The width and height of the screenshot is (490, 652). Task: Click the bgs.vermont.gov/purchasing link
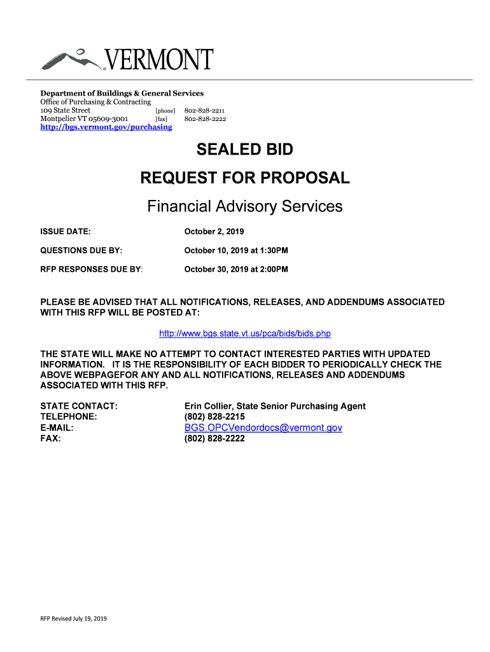(x=106, y=127)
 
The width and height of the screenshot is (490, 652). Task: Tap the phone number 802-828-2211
(x=205, y=110)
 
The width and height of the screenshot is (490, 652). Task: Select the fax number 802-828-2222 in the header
(x=205, y=118)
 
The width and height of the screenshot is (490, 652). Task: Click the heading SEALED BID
(x=245, y=150)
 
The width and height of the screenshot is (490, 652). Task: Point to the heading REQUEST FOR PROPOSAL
(x=245, y=178)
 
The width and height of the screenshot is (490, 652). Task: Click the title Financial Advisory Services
(x=245, y=206)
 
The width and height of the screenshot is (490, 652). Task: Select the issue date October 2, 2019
(x=214, y=231)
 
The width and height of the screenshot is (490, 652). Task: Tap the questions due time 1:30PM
(x=275, y=250)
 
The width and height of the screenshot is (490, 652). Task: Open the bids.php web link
(x=245, y=334)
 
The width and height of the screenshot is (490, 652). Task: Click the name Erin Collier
(x=209, y=406)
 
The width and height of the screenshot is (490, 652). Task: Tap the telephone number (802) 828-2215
(x=214, y=417)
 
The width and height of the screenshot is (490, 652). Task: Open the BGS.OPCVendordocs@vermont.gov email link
(x=263, y=428)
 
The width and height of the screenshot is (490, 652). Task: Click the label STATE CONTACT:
(x=78, y=406)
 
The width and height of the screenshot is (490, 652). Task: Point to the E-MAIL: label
(x=57, y=428)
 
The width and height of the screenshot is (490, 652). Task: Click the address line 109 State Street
(x=66, y=110)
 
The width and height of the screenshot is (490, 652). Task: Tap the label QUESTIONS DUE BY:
(x=81, y=250)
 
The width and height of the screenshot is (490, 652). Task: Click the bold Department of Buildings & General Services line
(x=122, y=93)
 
